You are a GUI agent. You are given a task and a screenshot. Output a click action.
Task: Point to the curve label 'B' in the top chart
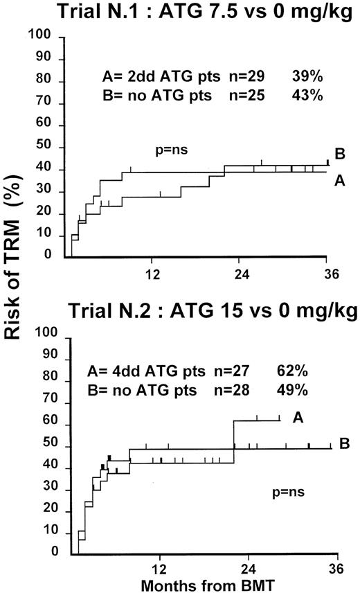(x=340, y=154)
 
